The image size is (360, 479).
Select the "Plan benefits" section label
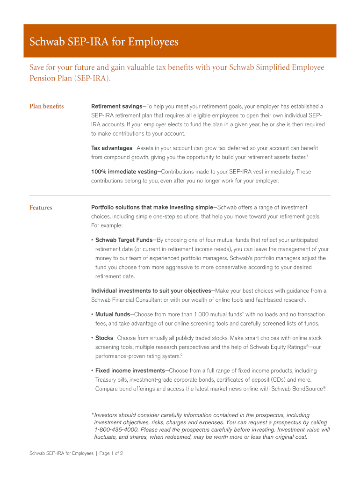(47, 106)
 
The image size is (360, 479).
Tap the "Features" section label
(41, 208)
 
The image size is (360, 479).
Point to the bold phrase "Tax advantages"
(112, 148)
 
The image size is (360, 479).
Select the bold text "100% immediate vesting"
(124, 172)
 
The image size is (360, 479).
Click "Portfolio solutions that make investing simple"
(152, 207)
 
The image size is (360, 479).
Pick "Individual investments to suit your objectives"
(151, 291)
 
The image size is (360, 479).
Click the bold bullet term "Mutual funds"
(113, 314)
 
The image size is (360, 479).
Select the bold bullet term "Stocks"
(104, 338)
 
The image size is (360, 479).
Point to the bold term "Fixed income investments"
(130, 370)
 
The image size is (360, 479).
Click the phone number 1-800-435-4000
(115, 429)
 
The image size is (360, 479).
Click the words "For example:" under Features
(107, 225)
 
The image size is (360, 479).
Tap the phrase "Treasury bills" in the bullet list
(113, 379)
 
